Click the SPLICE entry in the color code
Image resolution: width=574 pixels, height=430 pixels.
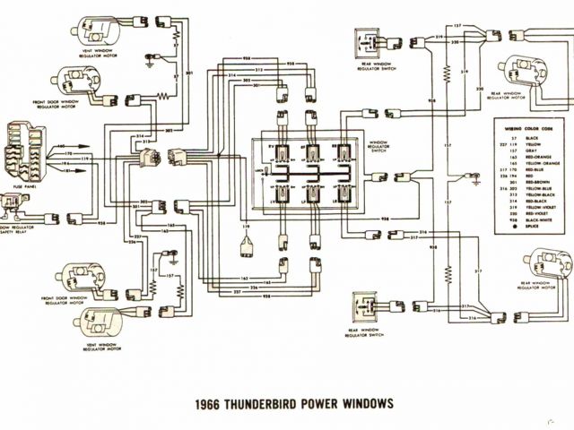(x=529, y=229)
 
